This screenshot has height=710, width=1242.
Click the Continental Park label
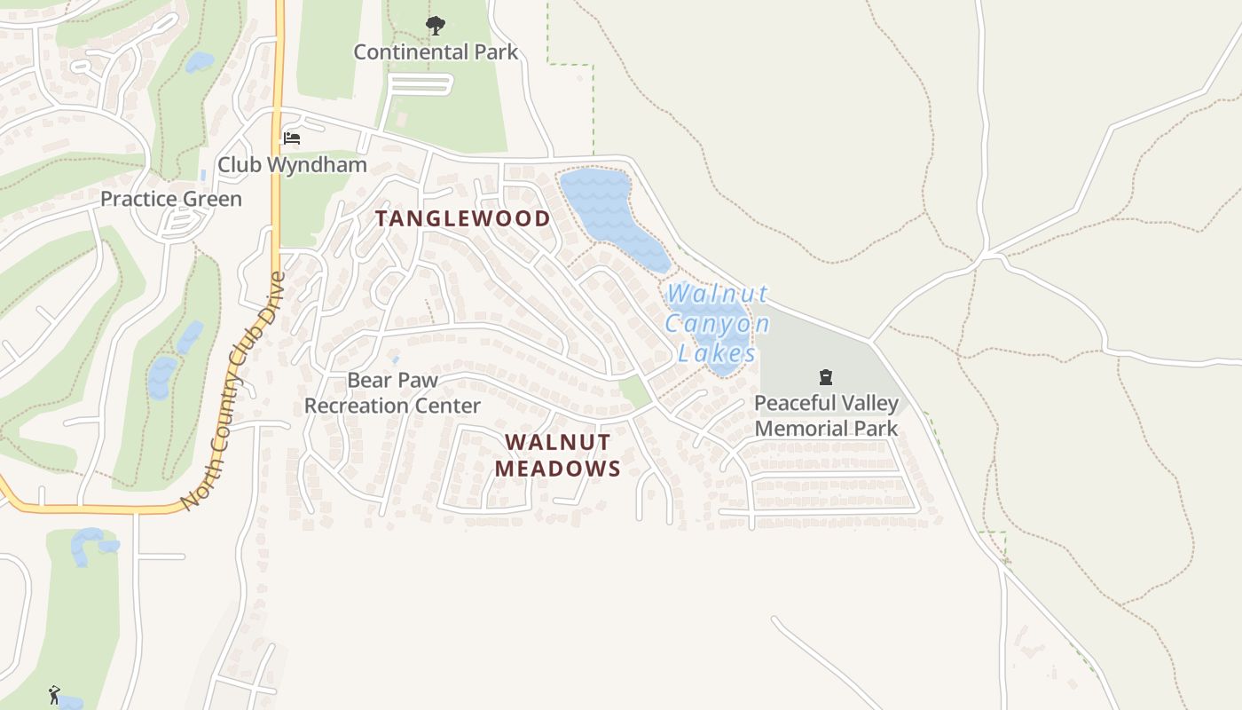pyautogui.click(x=436, y=51)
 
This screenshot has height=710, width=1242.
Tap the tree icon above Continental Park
pyautogui.click(x=435, y=26)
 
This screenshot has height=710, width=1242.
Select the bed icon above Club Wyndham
pyautogui.click(x=292, y=138)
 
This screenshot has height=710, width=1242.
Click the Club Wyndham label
pyautogui.click(x=292, y=165)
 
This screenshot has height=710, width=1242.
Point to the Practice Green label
pyautogui.click(x=170, y=199)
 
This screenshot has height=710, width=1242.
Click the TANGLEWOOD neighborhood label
pyautogui.click(x=462, y=218)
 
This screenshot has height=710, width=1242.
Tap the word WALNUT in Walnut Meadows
pyautogui.click(x=558, y=442)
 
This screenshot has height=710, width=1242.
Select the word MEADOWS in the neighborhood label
pyautogui.click(x=558, y=469)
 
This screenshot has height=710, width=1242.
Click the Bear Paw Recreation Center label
pyautogui.click(x=392, y=393)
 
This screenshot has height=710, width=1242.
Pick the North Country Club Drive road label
pyautogui.click(x=233, y=390)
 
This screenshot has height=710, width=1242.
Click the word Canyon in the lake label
pyautogui.click(x=716, y=323)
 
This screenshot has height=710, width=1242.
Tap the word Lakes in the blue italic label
pyautogui.click(x=717, y=353)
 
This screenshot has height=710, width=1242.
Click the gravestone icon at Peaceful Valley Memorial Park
pyautogui.click(x=826, y=378)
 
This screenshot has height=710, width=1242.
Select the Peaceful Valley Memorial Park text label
pyautogui.click(x=826, y=415)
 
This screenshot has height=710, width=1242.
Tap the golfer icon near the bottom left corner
pyautogui.click(x=55, y=694)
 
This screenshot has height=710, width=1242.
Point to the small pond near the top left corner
pyautogui.click(x=199, y=62)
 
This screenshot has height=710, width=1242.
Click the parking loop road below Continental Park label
pyautogui.click(x=421, y=85)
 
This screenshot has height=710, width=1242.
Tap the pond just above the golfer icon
pyautogui.click(x=89, y=543)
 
